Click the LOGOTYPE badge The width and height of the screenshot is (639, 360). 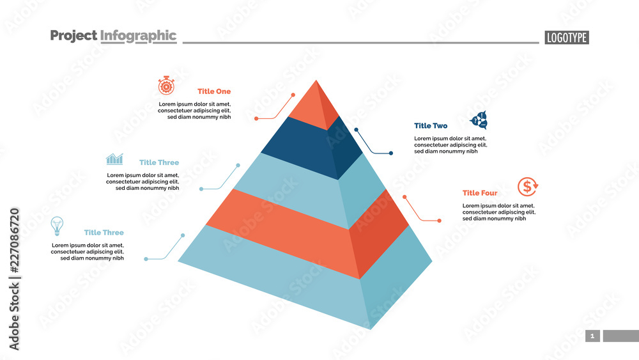click(x=567, y=38)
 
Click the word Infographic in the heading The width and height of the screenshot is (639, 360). click(x=138, y=36)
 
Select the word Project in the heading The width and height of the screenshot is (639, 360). click(x=73, y=36)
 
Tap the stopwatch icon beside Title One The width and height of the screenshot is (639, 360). click(x=166, y=86)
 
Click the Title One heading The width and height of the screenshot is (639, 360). click(x=214, y=91)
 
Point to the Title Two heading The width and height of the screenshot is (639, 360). click(x=431, y=126)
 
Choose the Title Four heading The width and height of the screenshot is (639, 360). click(x=479, y=193)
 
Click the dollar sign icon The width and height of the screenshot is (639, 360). click(x=528, y=187)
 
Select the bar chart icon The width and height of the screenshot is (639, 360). click(x=115, y=159)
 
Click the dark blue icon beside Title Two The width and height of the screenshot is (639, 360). click(x=479, y=120)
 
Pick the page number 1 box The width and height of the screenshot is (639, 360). click(x=592, y=336)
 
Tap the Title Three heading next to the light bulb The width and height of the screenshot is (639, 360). click(x=104, y=233)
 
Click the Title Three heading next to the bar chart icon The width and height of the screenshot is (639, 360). click(x=159, y=162)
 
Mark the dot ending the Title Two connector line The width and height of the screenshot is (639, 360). click(x=391, y=153)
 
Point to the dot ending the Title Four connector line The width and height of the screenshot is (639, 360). click(x=440, y=221)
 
